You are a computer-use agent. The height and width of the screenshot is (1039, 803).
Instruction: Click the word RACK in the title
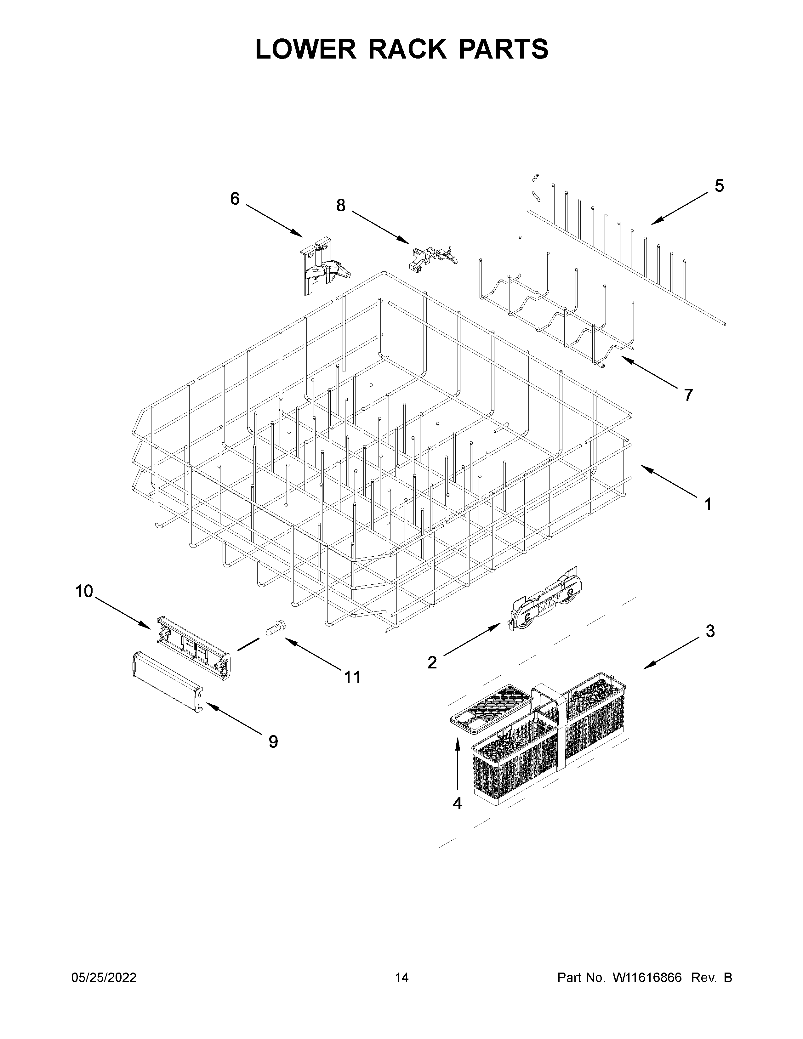407,49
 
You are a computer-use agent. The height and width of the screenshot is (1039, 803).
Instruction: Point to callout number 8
341,206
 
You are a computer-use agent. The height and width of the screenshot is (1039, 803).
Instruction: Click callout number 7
688,395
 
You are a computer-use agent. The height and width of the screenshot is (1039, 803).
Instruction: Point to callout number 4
457,803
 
